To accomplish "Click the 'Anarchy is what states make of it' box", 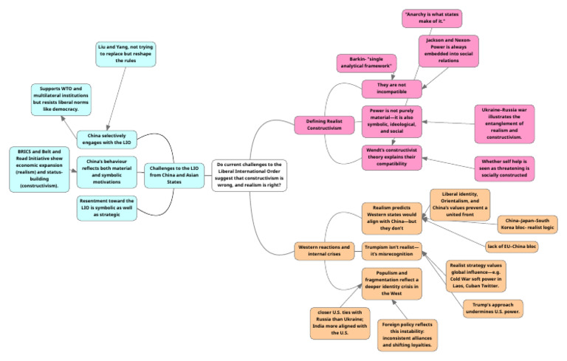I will [432, 18].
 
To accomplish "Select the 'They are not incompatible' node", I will [392, 89].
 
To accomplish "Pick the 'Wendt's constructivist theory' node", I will [392, 157].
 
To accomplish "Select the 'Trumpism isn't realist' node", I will [392, 252].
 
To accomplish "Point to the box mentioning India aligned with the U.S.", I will [340, 323].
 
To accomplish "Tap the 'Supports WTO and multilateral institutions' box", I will [66, 99].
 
